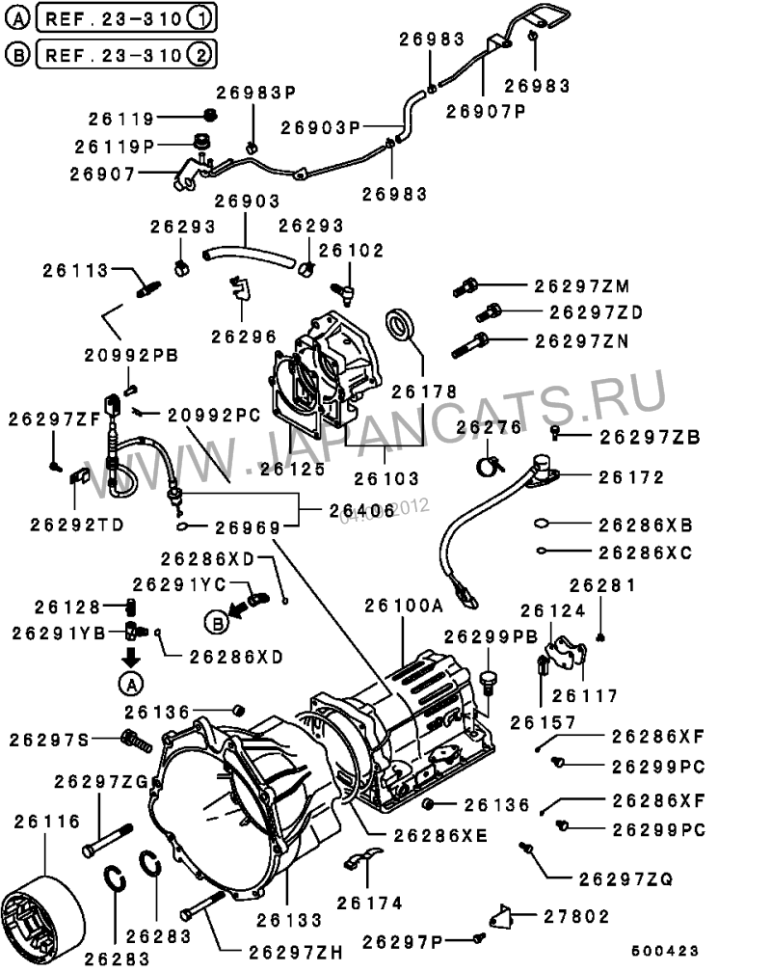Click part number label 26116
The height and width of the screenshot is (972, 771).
click(47, 822)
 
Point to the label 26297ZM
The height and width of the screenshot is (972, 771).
click(582, 285)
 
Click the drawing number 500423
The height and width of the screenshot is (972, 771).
click(665, 951)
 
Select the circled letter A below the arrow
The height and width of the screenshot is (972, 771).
click(131, 684)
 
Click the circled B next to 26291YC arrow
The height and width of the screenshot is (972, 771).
click(217, 622)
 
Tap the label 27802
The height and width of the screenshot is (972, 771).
click(576, 916)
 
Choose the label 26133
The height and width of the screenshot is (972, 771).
click(289, 920)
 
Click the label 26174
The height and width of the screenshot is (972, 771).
click(369, 904)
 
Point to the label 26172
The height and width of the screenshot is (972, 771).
click(631, 477)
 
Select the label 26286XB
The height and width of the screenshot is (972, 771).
click(645, 525)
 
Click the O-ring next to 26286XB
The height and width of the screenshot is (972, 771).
click(541, 525)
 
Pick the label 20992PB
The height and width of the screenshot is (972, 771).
click(131, 355)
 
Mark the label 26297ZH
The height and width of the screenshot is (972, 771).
click(296, 952)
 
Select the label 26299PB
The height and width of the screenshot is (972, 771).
click(491, 636)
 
